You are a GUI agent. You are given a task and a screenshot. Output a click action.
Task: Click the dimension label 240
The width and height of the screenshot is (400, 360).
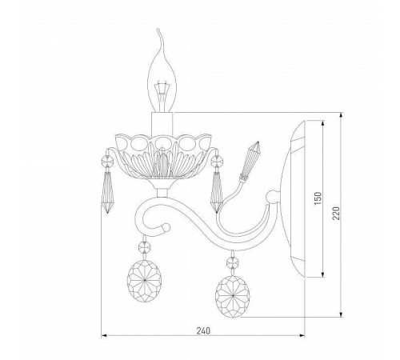[x=203, y=330]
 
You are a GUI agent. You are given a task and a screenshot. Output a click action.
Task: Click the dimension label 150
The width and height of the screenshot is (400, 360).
[x=318, y=198]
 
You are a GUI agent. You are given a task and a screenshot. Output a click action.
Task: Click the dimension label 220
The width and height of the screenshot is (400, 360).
[x=336, y=213]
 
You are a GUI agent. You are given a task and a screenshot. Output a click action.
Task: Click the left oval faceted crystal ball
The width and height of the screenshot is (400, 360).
[x=144, y=281]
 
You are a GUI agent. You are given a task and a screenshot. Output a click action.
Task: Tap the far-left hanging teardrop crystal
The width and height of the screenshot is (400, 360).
[x=107, y=192]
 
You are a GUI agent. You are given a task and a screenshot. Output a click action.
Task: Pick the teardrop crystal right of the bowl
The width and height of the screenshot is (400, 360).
[x=217, y=192]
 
